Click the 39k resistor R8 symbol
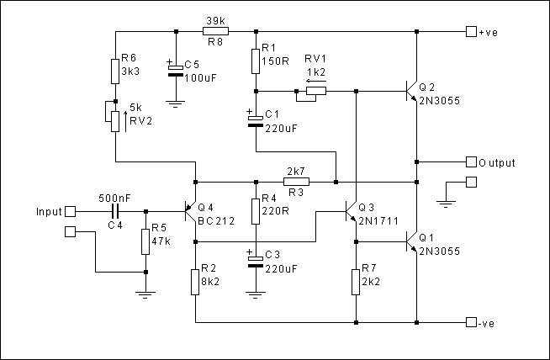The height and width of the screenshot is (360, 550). point(215,32)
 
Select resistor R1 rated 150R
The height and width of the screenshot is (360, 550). point(254,61)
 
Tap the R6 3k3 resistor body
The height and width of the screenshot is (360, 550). point(114,71)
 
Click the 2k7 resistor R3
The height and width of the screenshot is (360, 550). point(295,181)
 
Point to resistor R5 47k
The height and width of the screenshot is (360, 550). point(145,241)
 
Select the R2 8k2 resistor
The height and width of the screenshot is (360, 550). point(194,282)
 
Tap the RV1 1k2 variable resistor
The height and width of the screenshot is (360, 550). point(304,93)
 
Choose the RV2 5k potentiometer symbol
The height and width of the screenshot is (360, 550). point(114,118)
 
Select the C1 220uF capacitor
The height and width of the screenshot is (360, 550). point(254,121)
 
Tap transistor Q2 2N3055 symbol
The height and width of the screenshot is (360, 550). point(411,91)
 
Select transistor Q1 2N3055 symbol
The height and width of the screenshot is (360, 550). point(411,242)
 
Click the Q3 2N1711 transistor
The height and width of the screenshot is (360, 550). point(351,213)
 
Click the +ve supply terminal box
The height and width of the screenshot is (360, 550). point(470,32)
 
